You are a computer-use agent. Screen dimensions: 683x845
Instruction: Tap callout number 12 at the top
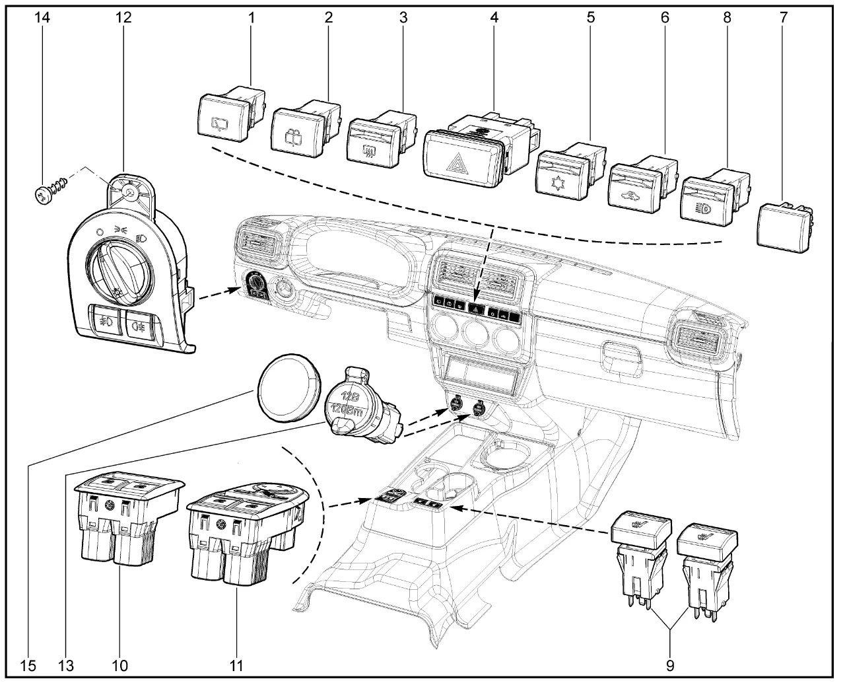click(x=123, y=18)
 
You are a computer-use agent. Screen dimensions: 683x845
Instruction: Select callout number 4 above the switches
click(x=493, y=18)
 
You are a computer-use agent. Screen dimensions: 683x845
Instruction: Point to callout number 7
click(x=784, y=18)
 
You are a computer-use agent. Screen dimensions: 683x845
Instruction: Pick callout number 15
click(x=28, y=665)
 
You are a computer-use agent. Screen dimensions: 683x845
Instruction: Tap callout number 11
click(x=236, y=665)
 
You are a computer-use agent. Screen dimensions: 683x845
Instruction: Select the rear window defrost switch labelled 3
click(x=373, y=139)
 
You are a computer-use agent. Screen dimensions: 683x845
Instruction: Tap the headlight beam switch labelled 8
click(x=706, y=202)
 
